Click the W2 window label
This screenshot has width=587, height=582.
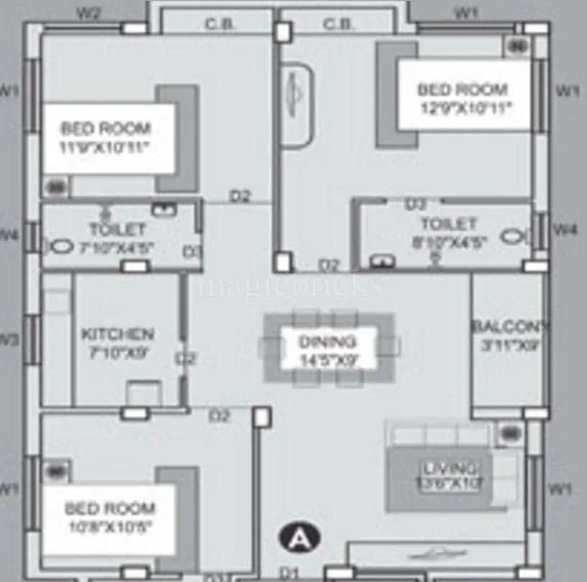coord(88,12)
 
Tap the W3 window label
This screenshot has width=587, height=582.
coord(9,339)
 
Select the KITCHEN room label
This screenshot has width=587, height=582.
coord(117,334)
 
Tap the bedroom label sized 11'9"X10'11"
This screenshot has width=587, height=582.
coord(107,128)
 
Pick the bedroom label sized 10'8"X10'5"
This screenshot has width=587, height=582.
coord(108,508)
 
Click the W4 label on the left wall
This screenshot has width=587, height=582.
coord(9,233)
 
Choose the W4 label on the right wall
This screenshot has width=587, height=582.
coord(568,230)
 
